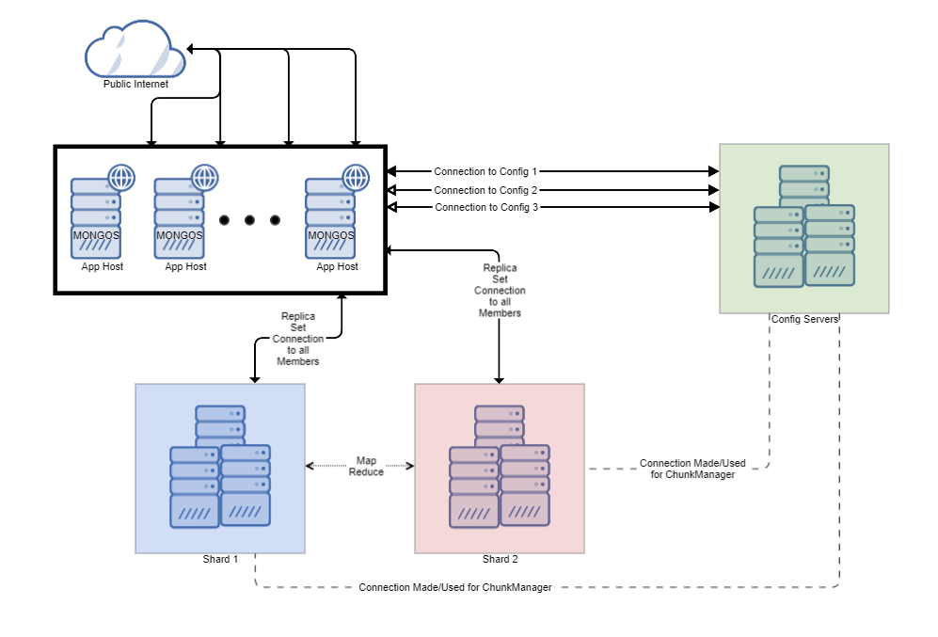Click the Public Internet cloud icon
click(135, 51)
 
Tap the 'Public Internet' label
click(135, 84)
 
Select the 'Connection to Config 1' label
click(485, 172)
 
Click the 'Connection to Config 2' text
click(485, 190)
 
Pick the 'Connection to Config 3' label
click(486, 207)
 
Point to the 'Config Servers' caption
click(804, 320)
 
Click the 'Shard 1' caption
click(220, 559)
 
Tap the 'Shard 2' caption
click(500, 559)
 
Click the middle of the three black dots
click(249, 220)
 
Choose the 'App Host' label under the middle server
click(185, 267)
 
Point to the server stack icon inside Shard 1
click(220, 467)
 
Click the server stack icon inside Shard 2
click(500, 467)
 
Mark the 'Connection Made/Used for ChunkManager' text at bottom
click(454, 587)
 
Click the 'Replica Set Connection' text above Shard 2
click(500, 291)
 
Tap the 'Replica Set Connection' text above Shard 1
click(298, 339)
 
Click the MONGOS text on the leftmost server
click(96, 235)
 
